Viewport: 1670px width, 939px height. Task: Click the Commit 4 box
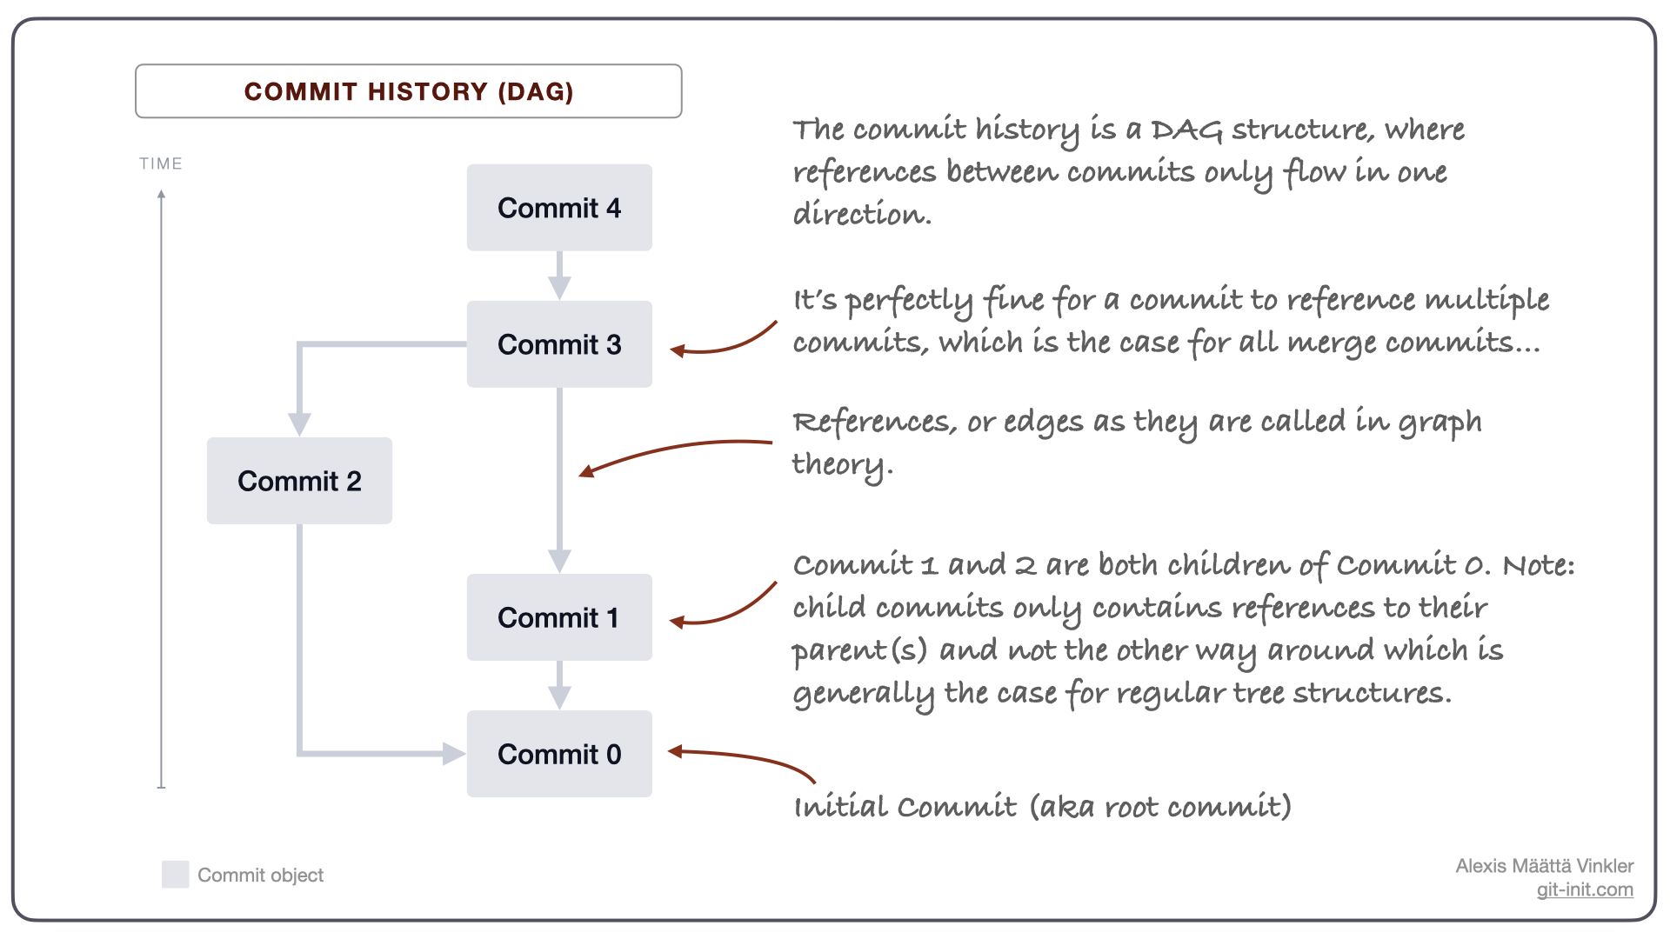559,208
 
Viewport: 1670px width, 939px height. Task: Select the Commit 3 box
559,344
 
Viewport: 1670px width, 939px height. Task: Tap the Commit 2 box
299,481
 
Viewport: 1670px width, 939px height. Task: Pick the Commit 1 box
559,617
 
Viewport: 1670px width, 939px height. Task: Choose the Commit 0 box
559,754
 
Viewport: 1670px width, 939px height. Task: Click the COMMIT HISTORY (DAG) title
409,91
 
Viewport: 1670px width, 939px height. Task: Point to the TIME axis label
161,163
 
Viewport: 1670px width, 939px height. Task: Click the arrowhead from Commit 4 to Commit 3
559,288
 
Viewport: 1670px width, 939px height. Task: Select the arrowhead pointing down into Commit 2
299,424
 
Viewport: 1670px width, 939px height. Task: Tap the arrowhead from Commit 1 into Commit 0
559,697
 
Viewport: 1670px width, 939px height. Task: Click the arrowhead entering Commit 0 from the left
454,754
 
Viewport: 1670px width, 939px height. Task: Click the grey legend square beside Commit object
176,875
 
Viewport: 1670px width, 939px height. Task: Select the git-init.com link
1584,889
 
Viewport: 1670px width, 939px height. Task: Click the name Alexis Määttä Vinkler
1544,866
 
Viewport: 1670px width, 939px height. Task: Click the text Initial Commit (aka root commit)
1042,807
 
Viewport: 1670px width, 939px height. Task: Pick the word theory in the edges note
841,464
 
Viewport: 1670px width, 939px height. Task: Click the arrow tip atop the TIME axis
161,195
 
